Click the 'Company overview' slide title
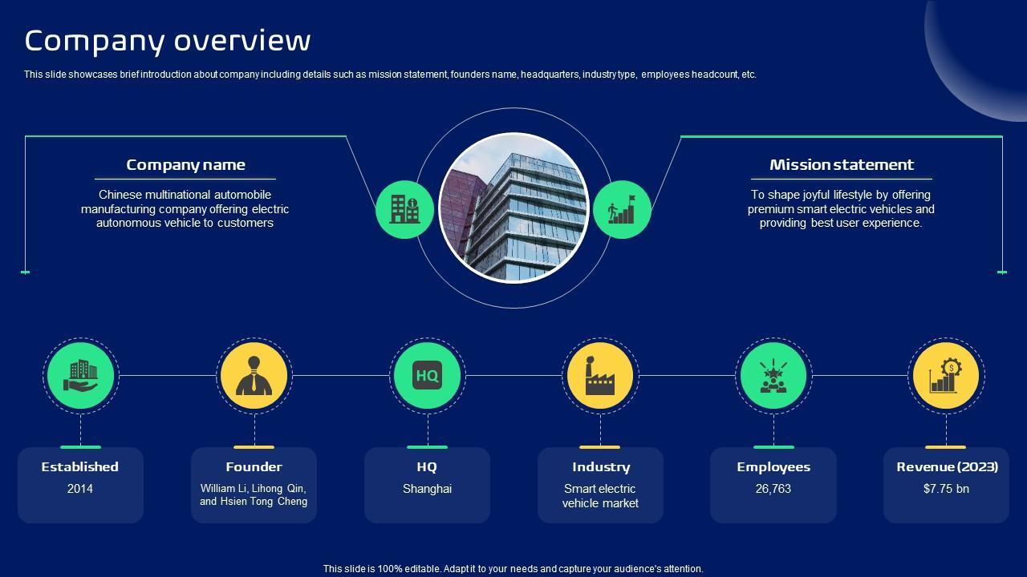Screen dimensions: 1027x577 click(168, 40)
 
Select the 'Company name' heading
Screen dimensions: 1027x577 click(185, 165)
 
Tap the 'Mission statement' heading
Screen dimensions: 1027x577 click(841, 165)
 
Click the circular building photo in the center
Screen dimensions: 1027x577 click(513, 208)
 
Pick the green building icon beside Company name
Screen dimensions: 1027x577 click(404, 209)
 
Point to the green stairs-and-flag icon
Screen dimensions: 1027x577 click(622, 209)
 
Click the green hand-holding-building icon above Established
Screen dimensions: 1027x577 click(80, 375)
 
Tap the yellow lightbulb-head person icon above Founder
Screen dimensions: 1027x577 click(254, 375)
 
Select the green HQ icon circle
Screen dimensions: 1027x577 click(428, 375)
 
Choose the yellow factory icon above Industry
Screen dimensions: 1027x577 click(600, 375)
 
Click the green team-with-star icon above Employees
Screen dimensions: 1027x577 click(773, 375)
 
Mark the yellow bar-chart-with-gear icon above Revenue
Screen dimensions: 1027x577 click(947, 375)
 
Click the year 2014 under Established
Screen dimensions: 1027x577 click(80, 489)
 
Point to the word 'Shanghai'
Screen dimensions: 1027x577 click(428, 489)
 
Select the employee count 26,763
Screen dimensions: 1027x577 click(773, 489)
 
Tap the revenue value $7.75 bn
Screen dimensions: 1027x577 click(947, 489)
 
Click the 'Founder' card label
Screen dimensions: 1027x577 click(254, 467)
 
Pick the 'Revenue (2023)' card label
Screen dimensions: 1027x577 click(947, 467)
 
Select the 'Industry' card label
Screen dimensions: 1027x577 click(601, 467)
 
